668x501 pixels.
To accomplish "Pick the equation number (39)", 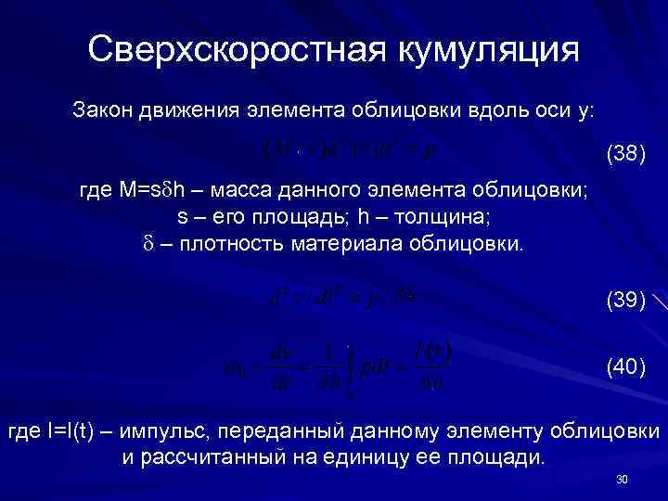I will (625, 299).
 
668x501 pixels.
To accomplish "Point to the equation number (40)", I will (625, 368).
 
